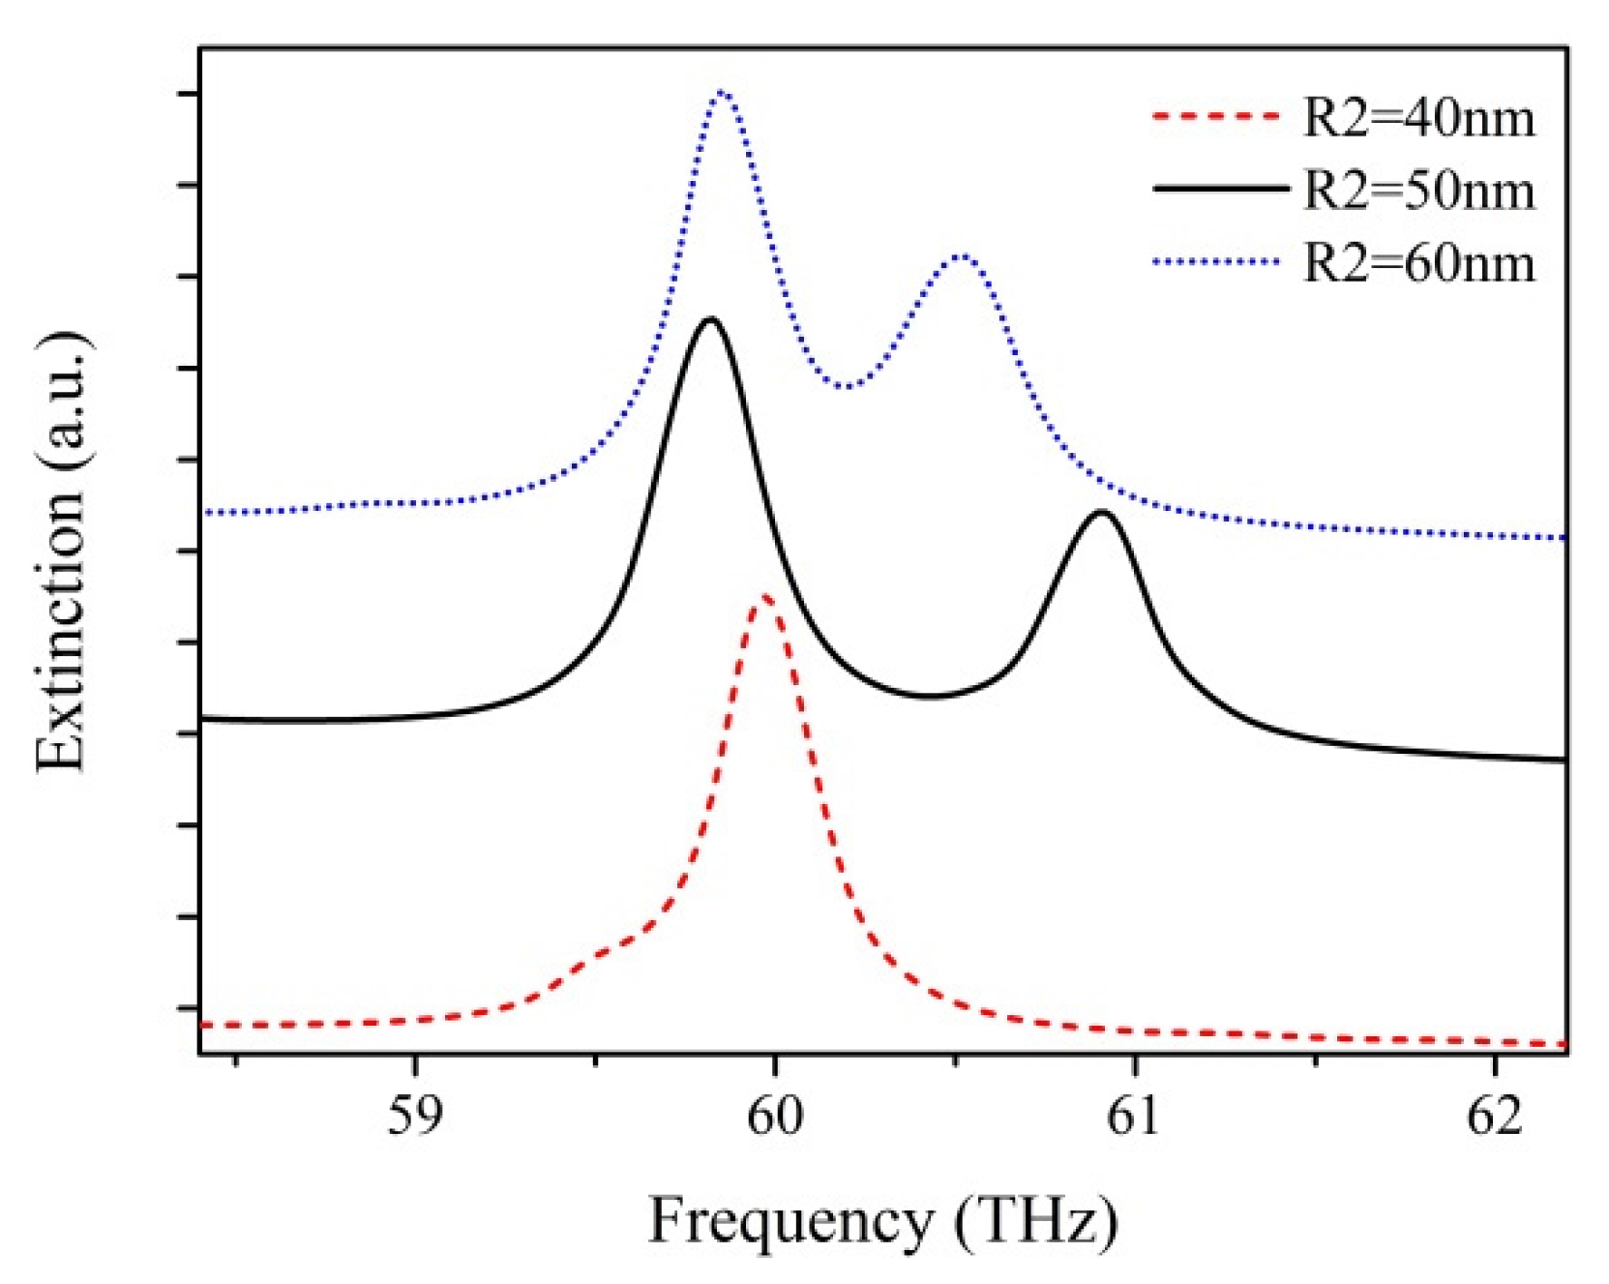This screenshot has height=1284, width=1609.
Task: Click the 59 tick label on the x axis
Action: (414, 1117)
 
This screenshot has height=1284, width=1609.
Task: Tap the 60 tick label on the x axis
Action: (774, 1117)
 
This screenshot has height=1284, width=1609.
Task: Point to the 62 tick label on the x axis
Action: (1494, 1117)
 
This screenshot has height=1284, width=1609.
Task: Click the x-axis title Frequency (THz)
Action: (881, 1221)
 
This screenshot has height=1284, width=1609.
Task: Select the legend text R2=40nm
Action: (1418, 118)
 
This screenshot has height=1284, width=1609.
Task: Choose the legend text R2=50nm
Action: (1418, 190)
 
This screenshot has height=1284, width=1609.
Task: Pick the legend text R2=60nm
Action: (1418, 262)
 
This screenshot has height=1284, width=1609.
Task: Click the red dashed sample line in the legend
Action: (1216, 118)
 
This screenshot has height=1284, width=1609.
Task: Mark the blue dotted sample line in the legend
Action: (1216, 261)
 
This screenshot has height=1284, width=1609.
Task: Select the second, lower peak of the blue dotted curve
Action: (960, 256)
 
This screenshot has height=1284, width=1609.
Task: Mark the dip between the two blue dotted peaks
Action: (847, 387)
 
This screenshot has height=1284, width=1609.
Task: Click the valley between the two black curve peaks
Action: (929, 696)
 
